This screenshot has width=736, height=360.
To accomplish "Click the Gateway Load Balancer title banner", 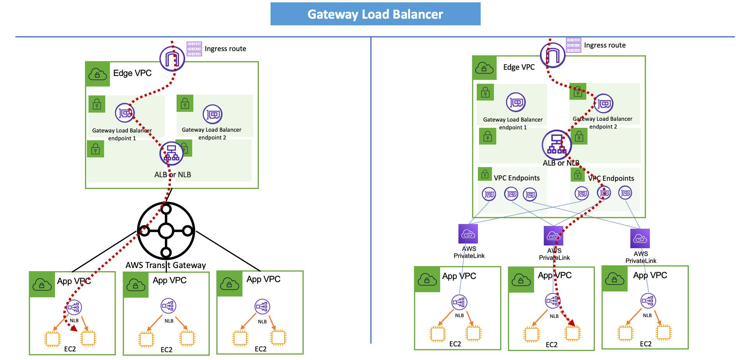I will click(x=375, y=14).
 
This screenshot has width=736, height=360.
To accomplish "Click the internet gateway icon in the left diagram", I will click(x=172, y=58).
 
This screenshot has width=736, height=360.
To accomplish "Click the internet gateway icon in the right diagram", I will click(x=552, y=55).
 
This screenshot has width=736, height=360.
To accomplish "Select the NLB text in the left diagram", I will click(x=184, y=175).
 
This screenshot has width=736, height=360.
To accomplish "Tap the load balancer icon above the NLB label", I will click(x=172, y=153).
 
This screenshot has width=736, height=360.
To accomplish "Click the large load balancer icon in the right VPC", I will click(x=557, y=145).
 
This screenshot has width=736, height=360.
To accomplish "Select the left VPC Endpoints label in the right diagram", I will click(x=517, y=178).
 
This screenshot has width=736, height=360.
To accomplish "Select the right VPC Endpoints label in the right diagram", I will click(x=611, y=178).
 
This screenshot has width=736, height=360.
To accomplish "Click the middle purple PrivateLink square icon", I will click(x=553, y=236).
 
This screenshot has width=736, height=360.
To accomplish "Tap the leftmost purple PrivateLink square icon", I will click(x=468, y=234).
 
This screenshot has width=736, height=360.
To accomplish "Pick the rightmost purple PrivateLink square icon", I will click(x=640, y=238).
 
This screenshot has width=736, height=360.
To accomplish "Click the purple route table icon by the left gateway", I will click(x=194, y=49).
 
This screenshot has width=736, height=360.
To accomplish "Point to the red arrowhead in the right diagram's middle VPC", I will click(x=571, y=323).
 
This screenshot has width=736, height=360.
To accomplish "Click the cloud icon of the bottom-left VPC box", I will click(x=42, y=285).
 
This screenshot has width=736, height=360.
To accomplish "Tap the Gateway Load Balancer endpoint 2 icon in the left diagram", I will click(x=212, y=114).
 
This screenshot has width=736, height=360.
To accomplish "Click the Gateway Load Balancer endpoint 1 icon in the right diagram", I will click(x=516, y=102).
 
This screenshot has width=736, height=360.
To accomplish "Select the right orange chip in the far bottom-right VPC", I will click(x=663, y=333).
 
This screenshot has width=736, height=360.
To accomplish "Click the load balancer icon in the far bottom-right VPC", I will click(x=648, y=301).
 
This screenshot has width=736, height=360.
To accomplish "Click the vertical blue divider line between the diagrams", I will click(x=371, y=195).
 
